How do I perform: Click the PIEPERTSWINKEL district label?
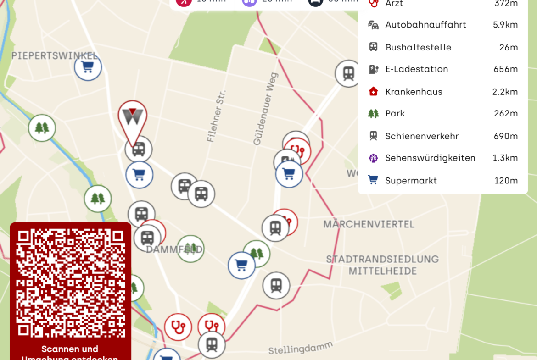54,56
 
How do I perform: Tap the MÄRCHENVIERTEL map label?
369,224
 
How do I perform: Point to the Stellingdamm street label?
300,348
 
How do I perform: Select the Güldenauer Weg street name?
265,109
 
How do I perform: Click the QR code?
71,282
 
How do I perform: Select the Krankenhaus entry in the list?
414,92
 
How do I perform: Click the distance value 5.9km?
505,25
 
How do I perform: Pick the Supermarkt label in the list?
411,181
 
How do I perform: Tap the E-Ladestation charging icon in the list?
374,69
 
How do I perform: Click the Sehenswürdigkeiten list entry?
430,158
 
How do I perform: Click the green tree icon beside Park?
374,114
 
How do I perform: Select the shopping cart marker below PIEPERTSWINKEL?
88,67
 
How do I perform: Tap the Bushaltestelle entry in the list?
418,47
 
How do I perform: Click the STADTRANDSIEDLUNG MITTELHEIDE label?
382,265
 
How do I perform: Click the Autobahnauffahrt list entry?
425,25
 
